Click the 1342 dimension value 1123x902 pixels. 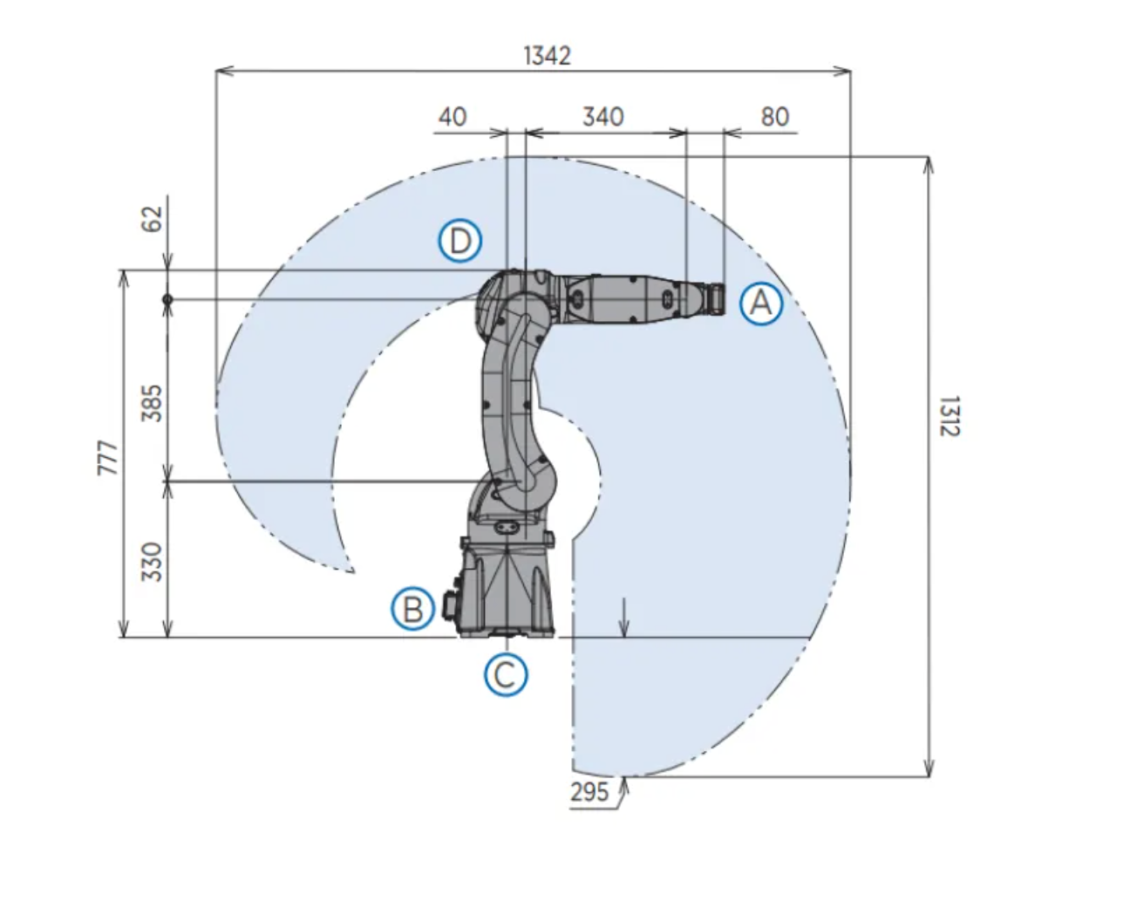[548, 55]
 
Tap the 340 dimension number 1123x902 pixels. [603, 117]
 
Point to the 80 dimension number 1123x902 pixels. [775, 117]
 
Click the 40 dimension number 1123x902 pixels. [453, 117]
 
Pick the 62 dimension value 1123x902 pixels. [152, 219]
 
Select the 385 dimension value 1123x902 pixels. [152, 403]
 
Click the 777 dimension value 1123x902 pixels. [108, 457]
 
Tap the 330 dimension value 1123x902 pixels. [152, 562]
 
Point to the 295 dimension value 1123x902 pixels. [589, 792]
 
